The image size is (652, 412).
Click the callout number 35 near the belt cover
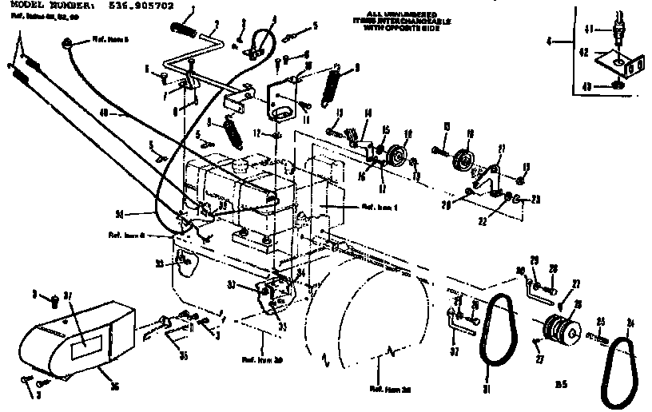[185, 355]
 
